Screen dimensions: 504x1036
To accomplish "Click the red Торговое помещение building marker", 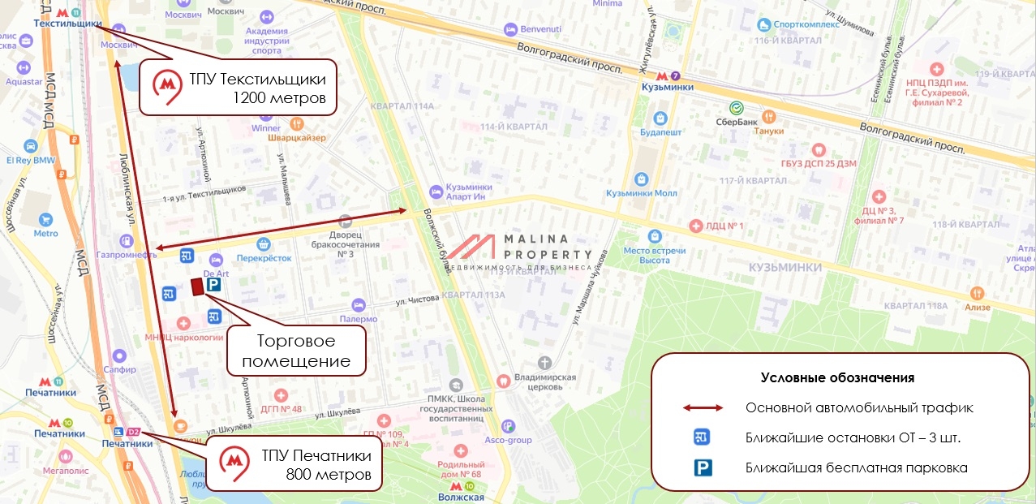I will [x=196, y=286].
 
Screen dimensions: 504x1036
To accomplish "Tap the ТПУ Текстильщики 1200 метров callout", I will [x=239, y=88].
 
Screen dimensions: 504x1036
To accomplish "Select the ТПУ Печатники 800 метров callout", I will [x=296, y=465].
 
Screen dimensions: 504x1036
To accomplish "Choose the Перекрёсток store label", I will [x=263, y=257].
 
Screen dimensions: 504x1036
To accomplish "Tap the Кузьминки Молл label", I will [x=641, y=193].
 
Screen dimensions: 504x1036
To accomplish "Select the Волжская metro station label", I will [x=460, y=497].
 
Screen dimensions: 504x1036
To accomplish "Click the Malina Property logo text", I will [x=537, y=246].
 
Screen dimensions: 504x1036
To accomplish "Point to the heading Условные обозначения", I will [x=837, y=377].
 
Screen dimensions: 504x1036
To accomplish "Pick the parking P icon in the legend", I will [x=703, y=467].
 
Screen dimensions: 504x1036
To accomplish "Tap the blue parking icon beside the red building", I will [x=213, y=286].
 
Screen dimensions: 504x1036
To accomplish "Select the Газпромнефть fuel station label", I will [x=126, y=254].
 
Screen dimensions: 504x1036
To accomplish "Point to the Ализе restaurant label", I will [x=978, y=307].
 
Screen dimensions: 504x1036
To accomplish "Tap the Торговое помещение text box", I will [x=296, y=351].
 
